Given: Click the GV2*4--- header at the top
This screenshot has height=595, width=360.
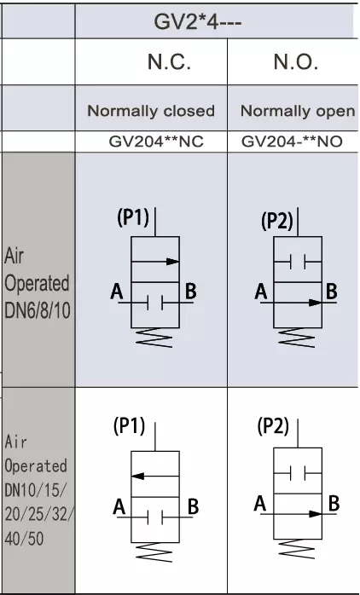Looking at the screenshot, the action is point(197,22).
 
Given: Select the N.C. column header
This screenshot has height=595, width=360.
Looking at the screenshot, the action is point(169,61).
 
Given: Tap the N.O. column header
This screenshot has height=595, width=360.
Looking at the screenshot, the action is point(295,61).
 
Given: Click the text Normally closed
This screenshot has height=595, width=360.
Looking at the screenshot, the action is point(151,111).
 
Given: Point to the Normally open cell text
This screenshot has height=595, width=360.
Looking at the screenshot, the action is point(298,112).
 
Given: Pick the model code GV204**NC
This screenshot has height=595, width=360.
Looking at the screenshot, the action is point(156,142).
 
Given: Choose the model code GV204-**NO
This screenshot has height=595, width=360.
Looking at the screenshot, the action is point(292,142).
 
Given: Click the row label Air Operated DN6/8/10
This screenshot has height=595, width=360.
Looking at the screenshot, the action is point(38,284).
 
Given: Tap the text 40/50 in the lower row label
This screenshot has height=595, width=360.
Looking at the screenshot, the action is point(24,538).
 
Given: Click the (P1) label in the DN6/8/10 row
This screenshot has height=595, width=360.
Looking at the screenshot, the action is point(133,218).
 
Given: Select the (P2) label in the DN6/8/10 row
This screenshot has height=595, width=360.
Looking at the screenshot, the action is point(277,222).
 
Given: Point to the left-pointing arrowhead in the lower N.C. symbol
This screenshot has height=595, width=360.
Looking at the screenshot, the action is point(137,476).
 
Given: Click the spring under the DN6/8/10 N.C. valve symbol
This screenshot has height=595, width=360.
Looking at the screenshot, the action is point(154,338).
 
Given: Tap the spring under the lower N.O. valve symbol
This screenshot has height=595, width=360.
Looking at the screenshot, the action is point(297,549).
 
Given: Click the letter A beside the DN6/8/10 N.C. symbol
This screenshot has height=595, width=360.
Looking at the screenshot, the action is point(117,292).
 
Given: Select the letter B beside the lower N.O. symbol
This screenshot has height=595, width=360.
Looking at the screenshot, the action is point(334,504).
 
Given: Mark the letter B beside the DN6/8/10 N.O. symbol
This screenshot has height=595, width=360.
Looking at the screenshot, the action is point(332,292).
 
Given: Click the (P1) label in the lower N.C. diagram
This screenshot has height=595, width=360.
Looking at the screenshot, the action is point(130,426).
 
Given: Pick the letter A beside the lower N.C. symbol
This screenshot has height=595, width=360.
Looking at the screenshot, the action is point(119,507).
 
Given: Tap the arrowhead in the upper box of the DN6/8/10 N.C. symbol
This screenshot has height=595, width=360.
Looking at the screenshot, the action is point(173,261).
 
